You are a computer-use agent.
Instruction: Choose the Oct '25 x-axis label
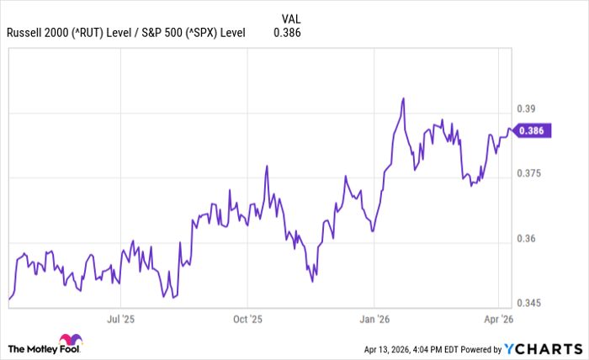click(x=247, y=320)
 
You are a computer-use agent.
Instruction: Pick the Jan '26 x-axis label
click(x=374, y=320)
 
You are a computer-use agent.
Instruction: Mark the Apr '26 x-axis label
click(x=499, y=320)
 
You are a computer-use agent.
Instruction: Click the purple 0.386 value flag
click(x=533, y=130)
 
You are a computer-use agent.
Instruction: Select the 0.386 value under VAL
click(x=288, y=34)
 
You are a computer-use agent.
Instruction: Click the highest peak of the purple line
click(x=404, y=98)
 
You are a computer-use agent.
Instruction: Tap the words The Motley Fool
click(x=56, y=348)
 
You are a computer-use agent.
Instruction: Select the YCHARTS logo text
click(x=550, y=348)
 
